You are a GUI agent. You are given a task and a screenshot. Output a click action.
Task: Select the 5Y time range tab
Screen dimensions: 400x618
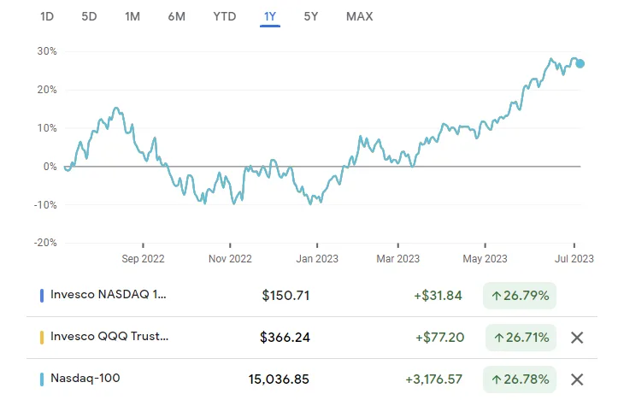tap(313, 16)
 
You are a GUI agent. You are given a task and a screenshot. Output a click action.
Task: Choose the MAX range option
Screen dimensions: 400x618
tap(359, 16)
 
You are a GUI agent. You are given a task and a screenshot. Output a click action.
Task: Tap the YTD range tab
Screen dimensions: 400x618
tap(225, 16)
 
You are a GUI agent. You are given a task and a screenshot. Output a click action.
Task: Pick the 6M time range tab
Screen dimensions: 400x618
tap(177, 16)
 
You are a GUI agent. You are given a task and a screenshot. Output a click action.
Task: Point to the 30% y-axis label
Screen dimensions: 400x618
tap(45, 51)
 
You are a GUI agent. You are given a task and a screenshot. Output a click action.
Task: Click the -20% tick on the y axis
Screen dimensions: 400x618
tap(44, 243)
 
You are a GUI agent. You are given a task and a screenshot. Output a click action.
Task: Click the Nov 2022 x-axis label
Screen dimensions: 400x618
tap(230, 258)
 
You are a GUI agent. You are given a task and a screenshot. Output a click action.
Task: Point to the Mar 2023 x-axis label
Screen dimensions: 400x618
tap(398, 258)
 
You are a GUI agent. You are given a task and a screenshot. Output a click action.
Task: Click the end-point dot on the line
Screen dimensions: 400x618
tap(580, 62)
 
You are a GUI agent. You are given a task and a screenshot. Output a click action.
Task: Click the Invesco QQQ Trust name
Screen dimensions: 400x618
tap(109, 337)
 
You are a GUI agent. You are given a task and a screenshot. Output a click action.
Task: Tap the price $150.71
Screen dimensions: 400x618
tap(285, 296)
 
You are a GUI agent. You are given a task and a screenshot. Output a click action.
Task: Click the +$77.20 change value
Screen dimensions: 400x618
tap(438, 337)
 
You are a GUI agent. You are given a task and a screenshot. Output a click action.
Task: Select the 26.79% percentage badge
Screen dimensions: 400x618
tap(520, 296)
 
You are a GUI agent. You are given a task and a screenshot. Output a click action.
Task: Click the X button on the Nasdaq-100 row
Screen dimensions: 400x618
tap(577, 379)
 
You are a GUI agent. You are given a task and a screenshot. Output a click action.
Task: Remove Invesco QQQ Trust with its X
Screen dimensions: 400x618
tap(577, 337)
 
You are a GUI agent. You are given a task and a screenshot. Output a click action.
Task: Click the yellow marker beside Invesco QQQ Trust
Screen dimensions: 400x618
tap(43, 337)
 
